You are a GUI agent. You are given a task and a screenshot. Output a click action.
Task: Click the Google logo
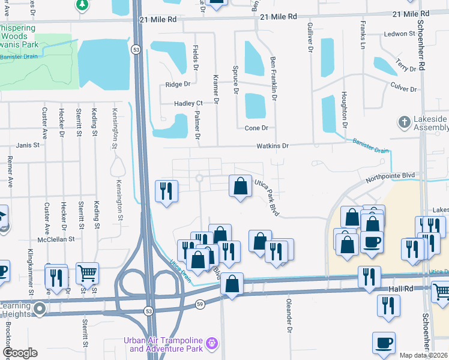coord(20,353)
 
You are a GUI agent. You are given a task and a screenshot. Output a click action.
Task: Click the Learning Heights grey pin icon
coord(40,309)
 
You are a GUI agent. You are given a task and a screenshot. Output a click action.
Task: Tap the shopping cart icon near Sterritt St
coord(88,273)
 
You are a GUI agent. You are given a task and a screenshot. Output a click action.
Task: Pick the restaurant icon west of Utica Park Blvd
coord(166,191)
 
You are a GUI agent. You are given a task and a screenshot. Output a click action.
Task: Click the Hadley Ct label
coord(188,103)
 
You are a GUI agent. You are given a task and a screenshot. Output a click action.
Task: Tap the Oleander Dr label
coord(289,316)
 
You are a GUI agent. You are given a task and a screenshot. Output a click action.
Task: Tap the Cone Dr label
coord(256,128)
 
